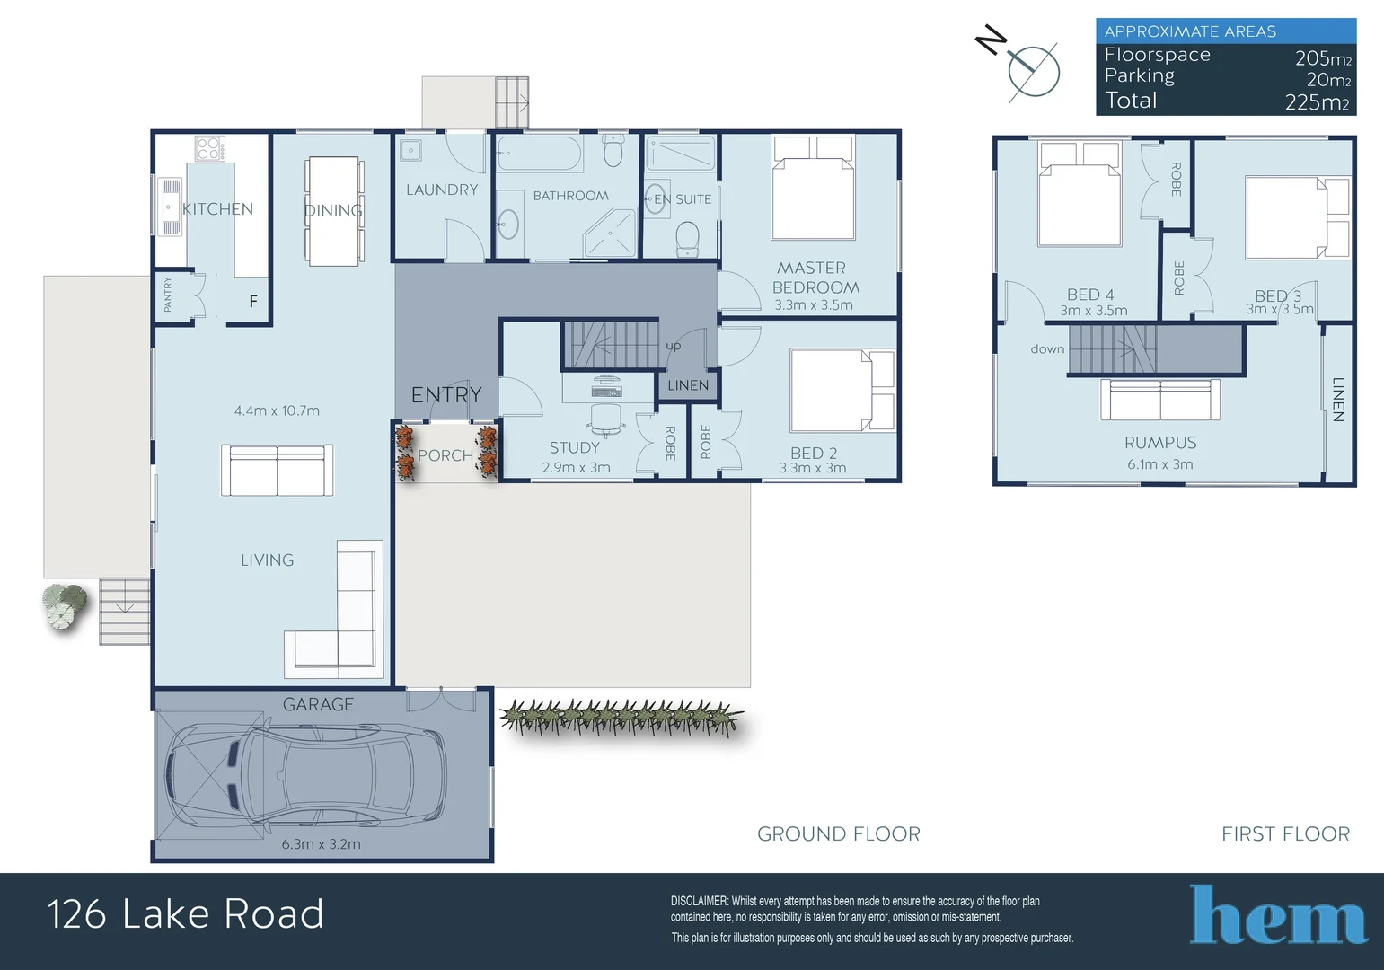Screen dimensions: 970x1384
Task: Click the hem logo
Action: [x=1277, y=915]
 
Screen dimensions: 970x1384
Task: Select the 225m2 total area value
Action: [x=1317, y=102]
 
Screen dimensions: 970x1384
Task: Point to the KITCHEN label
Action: [x=218, y=209]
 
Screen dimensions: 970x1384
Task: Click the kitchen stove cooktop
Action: [x=209, y=148]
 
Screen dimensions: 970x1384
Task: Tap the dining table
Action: [x=334, y=211]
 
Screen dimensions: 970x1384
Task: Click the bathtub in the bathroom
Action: [x=540, y=154]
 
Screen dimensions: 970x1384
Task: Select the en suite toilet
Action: [x=687, y=238]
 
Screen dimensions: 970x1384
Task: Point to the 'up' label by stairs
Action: [x=674, y=346]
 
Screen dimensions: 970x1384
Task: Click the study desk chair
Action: [x=607, y=419]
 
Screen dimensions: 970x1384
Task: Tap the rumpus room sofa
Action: [x=1160, y=400]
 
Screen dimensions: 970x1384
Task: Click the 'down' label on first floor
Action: [x=1047, y=349]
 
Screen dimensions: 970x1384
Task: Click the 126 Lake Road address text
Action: [x=185, y=914]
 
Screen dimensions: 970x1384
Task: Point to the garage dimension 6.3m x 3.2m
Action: [x=321, y=844]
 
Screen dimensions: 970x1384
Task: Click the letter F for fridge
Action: [x=253, y=302]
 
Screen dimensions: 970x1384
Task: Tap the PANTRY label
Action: [x=168, y=295]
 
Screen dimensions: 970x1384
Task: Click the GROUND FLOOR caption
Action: [x=838, y=834]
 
